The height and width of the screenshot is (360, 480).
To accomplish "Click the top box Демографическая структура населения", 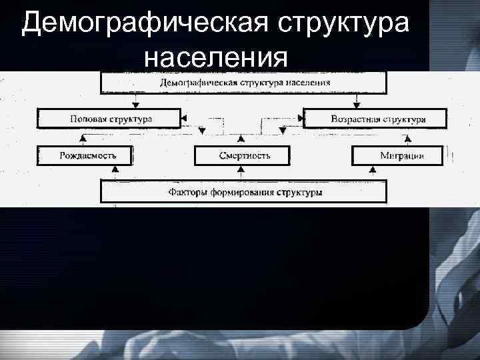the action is [243, 83].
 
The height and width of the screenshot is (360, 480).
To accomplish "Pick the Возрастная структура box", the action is [374, 119].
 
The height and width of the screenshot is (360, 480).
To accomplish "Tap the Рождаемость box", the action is [85, 155].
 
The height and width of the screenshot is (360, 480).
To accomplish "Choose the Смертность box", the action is [243, 155].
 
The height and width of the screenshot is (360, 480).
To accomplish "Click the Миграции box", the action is [397, 155].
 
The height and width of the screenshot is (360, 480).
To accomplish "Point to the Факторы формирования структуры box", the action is [243, 193].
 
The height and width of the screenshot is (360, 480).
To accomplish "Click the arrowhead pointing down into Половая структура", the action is [136, 105].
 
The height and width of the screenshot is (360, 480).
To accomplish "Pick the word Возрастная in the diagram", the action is [355, 119].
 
